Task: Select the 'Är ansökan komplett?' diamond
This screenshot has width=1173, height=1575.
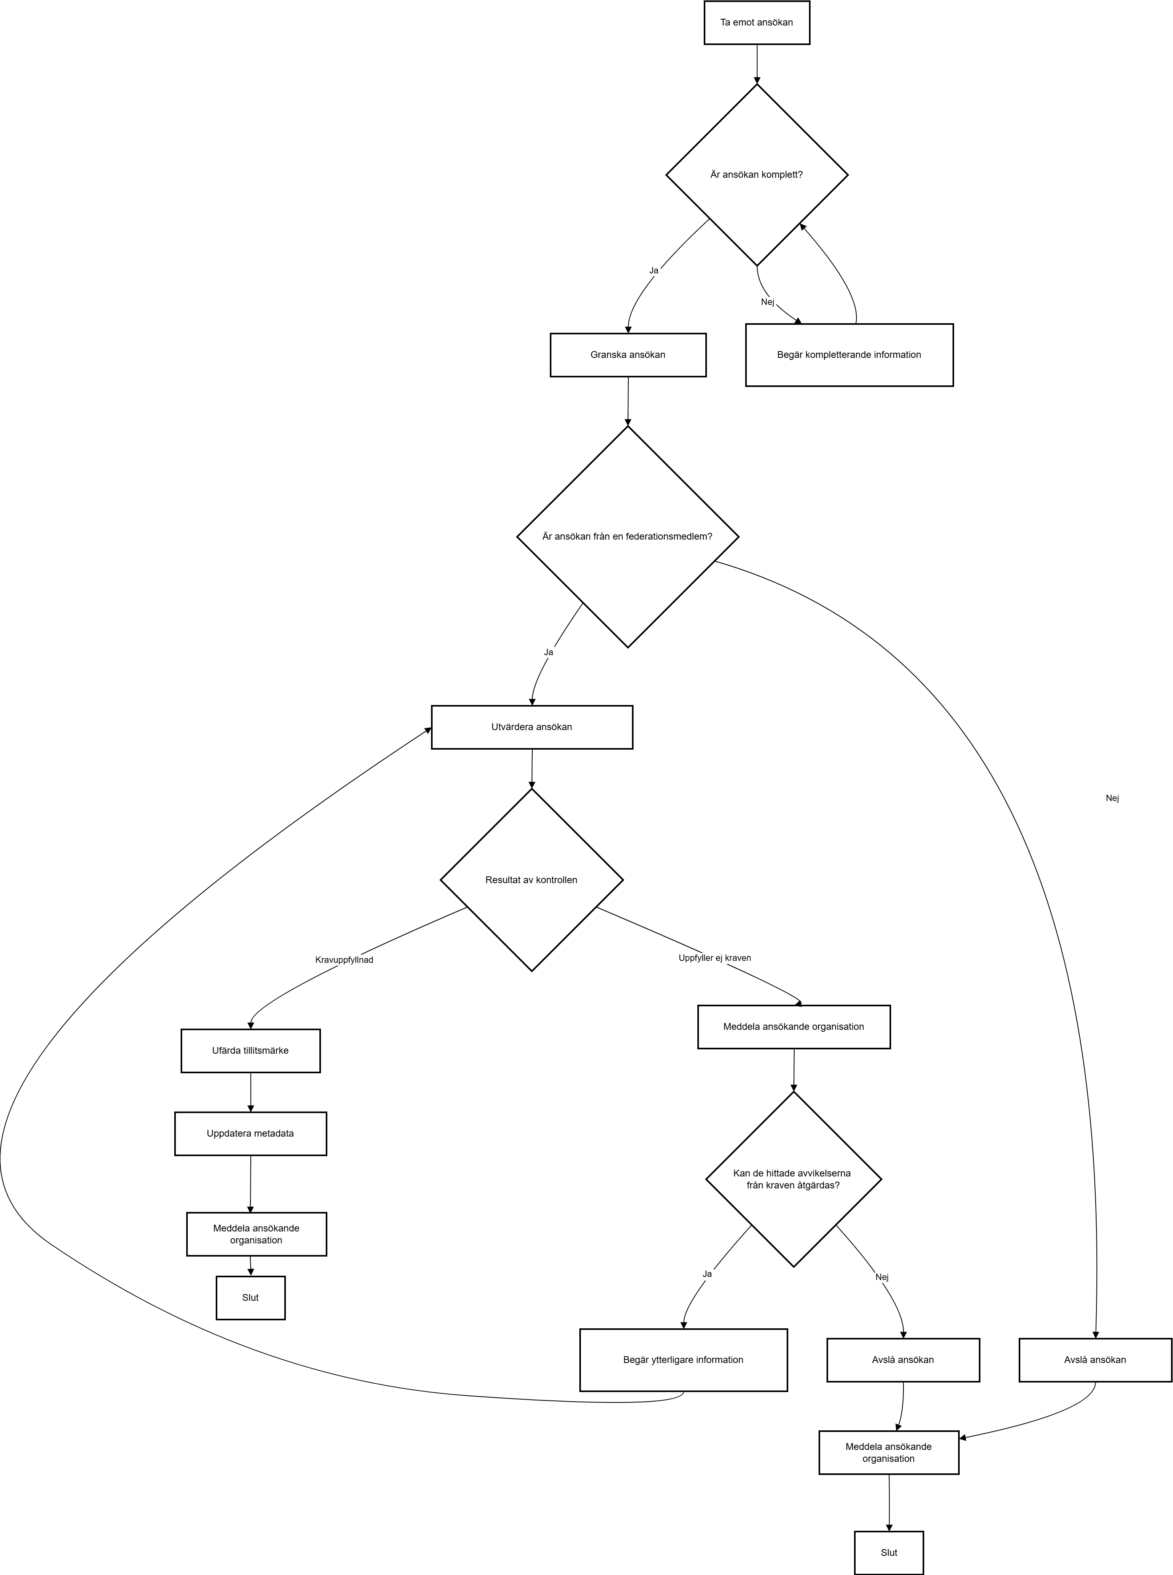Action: [757, 175]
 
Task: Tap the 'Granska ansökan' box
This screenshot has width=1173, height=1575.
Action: [628, 355]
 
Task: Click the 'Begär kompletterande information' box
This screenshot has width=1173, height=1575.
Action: [849, 355]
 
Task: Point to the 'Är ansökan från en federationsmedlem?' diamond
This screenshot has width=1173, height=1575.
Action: [628, 536]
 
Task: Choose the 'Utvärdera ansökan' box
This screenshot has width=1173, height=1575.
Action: [532, 727]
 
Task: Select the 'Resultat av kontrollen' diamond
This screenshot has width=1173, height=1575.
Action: [532, 880]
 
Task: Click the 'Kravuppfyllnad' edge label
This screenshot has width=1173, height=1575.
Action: [344, 960]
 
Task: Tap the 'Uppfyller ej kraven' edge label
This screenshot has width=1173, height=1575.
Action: [715, 958]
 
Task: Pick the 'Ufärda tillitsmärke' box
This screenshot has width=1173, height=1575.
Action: [251, 1051]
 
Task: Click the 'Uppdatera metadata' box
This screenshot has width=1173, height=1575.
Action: [251, 1133]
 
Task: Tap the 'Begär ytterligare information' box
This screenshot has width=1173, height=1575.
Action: [684, 1360]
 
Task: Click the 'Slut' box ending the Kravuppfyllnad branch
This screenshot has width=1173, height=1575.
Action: [251, 1298]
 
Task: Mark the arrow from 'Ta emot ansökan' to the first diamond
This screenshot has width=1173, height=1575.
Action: [757, 64]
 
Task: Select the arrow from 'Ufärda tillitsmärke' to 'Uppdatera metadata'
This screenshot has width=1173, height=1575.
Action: [251, 1092]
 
